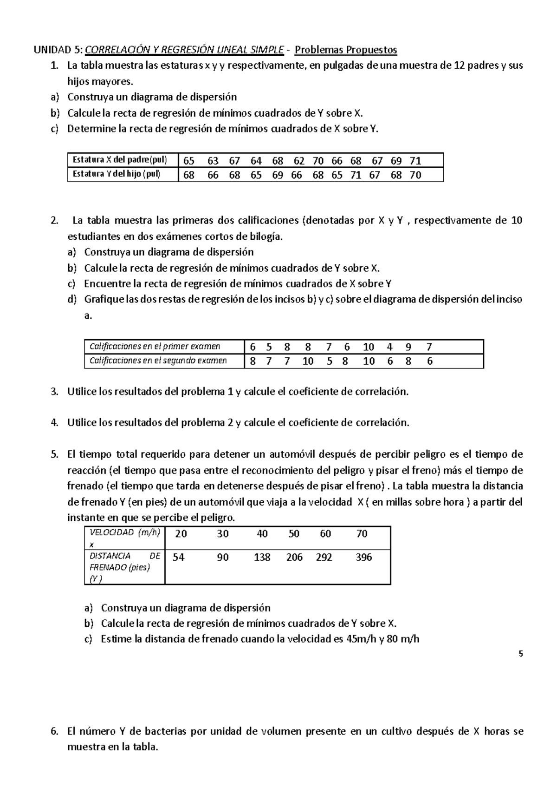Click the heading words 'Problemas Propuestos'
point(346,50)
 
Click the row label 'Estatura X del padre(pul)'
point(119,160)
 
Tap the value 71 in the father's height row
point(415,161)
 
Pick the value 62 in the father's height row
point(299,161)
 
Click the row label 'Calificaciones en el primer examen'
point(155,347)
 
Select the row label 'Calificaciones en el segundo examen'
point(158,361)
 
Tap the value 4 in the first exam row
point(390,347)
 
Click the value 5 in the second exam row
point(329,361)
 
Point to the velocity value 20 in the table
point(181,534)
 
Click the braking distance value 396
point(363,558)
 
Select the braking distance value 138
point(262,558)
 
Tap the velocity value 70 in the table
point(362,534)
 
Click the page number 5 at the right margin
point(521,654)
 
